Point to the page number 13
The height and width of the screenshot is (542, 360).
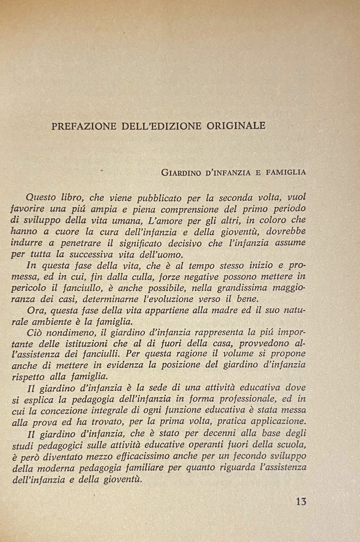(x=301, y=502)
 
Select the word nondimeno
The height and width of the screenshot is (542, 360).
(x=62, y=333)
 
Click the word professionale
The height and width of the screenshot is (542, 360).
(x=237, y=399)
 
